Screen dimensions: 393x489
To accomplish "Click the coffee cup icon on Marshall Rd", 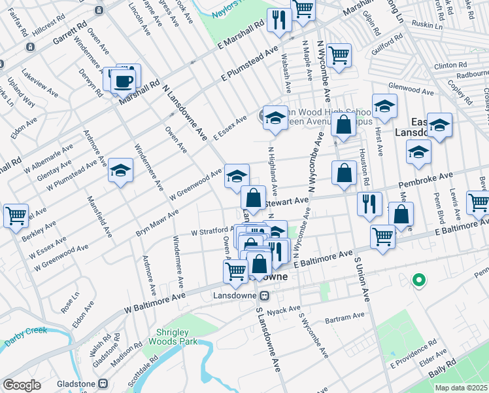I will [122, 82].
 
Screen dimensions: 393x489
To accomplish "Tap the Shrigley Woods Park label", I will [176, 337].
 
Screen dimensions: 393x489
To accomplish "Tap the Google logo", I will [22, 384].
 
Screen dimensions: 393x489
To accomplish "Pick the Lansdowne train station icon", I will [265, 295].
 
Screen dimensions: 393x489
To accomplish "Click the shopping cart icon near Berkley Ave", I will [16, 215].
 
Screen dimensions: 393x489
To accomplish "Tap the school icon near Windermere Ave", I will [120, 171].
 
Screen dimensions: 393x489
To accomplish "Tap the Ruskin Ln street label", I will [428, 27].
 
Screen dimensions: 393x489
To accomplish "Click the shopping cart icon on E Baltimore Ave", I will [382, 236].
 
